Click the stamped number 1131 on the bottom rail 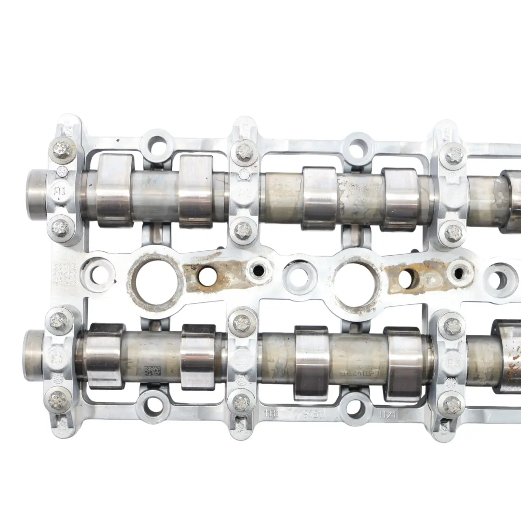coord(270,413)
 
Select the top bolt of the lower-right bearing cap coord(452,326)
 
